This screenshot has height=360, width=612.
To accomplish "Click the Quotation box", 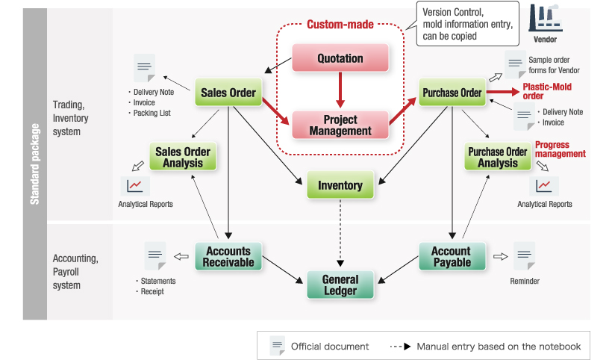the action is coord(340,58).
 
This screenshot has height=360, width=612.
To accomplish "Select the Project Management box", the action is coord(340,125).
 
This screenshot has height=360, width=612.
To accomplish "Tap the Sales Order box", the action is coord(228,93).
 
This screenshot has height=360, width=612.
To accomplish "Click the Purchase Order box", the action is coord(452,93).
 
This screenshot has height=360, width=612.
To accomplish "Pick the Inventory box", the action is coord(340,184).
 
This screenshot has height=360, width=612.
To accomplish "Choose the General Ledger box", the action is coord(340,285).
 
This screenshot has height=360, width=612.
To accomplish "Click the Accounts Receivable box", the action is coord(228,256).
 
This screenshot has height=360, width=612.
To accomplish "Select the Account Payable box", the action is coord(452,256).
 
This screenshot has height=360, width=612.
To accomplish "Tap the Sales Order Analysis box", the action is coord(183,157).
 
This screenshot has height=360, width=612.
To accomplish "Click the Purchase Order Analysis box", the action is coord(498,157).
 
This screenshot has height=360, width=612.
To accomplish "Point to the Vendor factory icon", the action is coord(546,18).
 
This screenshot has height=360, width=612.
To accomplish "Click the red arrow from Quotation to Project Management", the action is coord(340,90).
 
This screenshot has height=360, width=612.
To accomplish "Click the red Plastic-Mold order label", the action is coord(547,91).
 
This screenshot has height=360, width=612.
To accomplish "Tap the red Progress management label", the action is coord(561,149).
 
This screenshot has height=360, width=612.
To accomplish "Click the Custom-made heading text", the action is coord(340,24).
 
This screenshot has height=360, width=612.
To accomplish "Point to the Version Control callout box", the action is coord(468,24).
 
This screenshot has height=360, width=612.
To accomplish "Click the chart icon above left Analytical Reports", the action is coord(134,186).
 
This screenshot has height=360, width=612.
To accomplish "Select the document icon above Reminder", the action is coord(524,256).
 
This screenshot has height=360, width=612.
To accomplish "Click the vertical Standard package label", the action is coord(35,164).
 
